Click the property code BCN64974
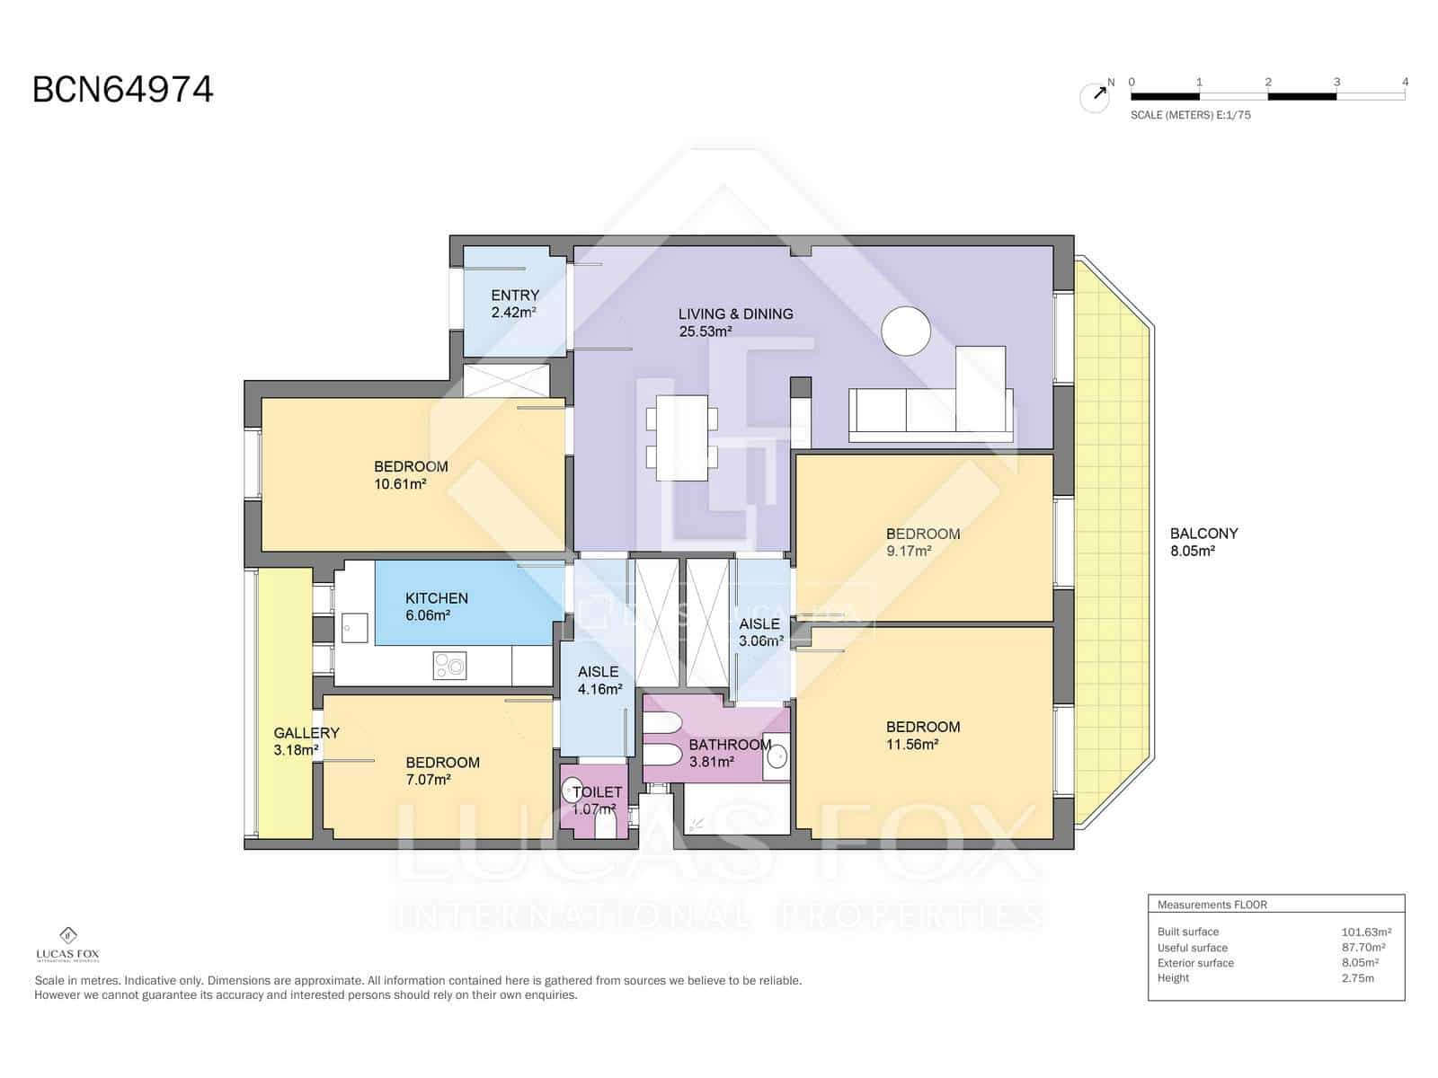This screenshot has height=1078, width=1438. (123, 90)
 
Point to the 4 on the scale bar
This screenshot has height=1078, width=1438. (1405, 82)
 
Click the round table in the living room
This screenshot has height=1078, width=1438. (905, 331)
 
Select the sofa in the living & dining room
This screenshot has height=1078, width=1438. (930, 415)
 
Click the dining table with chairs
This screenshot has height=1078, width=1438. (682, 437)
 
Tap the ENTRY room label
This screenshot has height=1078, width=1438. (515, 295)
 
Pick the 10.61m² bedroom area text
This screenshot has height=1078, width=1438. (400, 484)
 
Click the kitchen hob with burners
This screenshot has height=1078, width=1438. (449, 665)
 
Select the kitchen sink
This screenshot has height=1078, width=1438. (355, 627)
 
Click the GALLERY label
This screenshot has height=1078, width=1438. (306, 733)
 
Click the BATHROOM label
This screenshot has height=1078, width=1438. (730, 745)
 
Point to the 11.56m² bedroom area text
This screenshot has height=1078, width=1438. (912, 745)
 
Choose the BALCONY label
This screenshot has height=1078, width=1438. (1203, 534)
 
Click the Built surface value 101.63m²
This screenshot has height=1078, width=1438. (1365, 932)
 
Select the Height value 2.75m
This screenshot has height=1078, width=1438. (1357, 978)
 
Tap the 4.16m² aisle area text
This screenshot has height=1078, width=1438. (599, 690)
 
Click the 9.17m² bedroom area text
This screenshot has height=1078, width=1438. (909, 552)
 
